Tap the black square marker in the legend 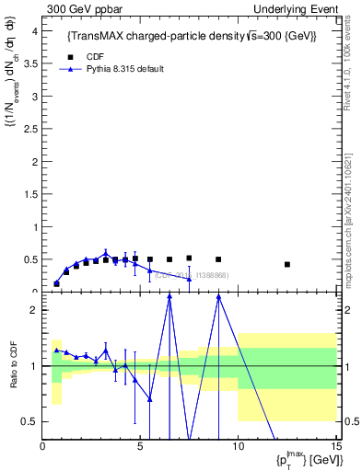[x=69, y=56]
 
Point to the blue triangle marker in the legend [x=69, y=69]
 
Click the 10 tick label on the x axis [x=238, y=447]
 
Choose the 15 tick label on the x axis [x=334, y=447]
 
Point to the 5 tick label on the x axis [x=140, y=447]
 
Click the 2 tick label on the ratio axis [x=34, y=310]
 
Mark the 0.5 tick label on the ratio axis [x=30, y=421]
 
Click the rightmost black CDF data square [x=287, y=264]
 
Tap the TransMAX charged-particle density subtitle [x=192, y=36]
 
